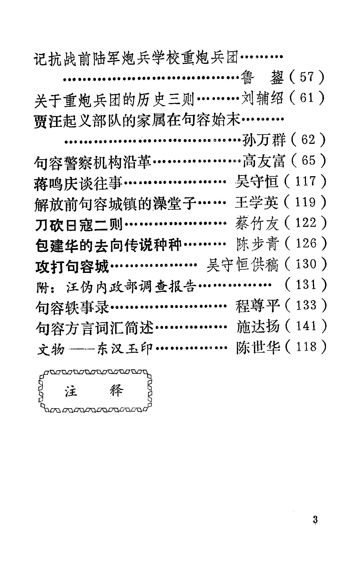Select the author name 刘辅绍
point(262,98)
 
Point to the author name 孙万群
point(264,140)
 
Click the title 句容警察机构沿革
point(93,161)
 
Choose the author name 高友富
point(264,161)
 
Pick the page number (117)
point(305,181)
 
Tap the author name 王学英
point(257,202)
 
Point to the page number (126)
point(305,244)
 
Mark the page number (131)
point(305,285)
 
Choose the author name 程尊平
point(257,306)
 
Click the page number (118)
point(305,347)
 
